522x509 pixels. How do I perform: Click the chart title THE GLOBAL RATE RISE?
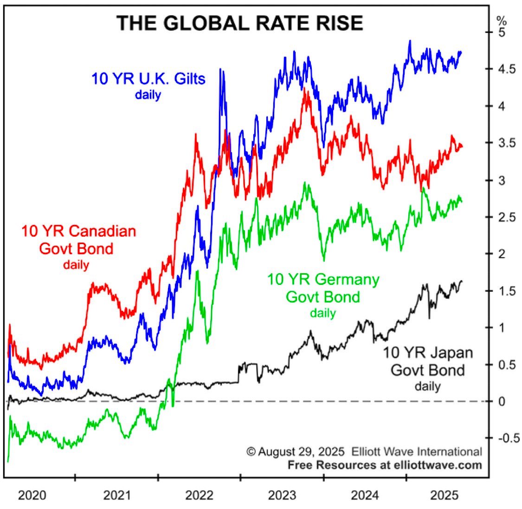click(x=239, y=23)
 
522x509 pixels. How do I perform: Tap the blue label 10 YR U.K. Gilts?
click(x=148, y=78)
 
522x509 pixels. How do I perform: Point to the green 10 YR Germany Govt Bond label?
click(x=323, y=288)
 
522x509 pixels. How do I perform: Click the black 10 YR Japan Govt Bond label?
click(x=427, y=361)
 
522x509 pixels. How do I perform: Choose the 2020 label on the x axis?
click(x=32, y=496)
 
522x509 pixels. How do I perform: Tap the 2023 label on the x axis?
click(x=282, y=496)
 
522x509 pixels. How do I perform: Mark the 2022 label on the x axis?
click(x=199, y=496)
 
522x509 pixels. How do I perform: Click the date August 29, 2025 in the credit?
click(x=301, y=451)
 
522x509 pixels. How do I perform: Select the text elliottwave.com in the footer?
click(x=429, y=464)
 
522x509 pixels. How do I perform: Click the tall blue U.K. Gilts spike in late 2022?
click(x=221, y=74)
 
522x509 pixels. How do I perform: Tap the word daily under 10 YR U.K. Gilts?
click(x=148, y=95)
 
